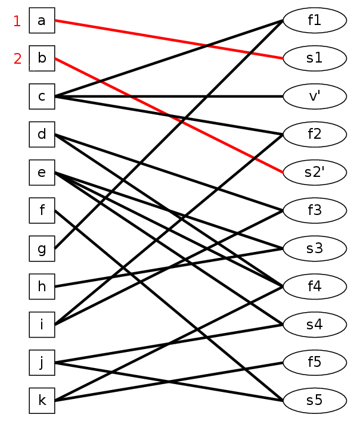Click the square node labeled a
(x=42, y=20)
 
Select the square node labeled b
(x=42, y=58)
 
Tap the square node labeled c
(x=42, y=96)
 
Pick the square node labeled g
(x=42, y=248)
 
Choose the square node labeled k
(x=42, y=401)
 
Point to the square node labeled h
(x=42, y=286)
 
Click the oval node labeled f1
(x=315, y=20)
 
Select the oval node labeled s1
(x=315, y=58)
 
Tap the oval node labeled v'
(x=315, y=96)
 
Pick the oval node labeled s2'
(x=315, y=172)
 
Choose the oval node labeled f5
(x=315, y=363)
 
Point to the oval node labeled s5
(x=315, y=401)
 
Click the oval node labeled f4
(x=315, y=286)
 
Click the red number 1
(x=17, y=21)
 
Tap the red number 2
(x=17, y=59)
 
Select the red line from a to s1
(x=169, y=39)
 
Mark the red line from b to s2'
(x=169, y=116)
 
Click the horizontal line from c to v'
(x=169, y=96)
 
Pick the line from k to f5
(x=169, y=382)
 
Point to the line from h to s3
(x=169, y=267)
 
